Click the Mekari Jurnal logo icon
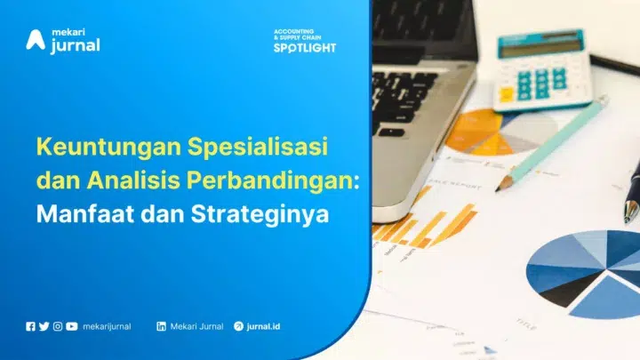point(36,40)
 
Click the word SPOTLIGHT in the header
point(305,47)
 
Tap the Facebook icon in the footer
point(31,326)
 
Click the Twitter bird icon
point(44,326)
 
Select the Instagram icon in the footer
point(58,326)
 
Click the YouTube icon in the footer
point(71,326)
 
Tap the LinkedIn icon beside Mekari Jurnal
point(162,326)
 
